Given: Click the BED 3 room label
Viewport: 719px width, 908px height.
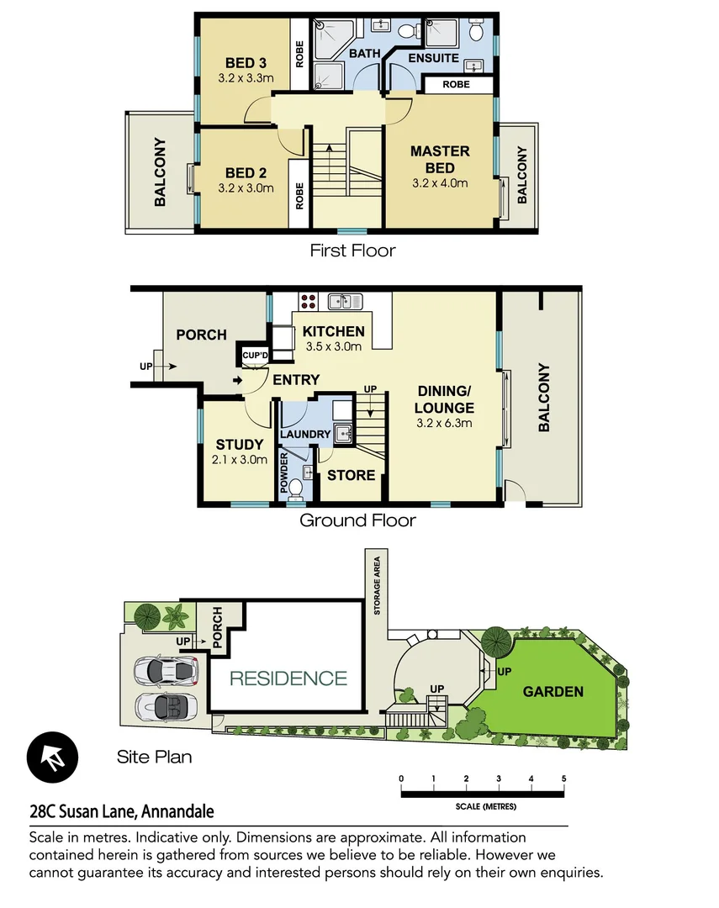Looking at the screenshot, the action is click(x=246, y=62).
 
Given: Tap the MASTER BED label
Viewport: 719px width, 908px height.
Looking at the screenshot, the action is click(x=440, y=159).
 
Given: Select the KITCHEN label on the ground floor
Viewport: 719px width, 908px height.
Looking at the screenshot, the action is click(x=334, y=331).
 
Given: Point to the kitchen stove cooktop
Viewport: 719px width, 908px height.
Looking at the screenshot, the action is click(x=308, y=301).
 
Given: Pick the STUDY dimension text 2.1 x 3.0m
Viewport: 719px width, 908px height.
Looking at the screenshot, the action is click(x=241, y=459).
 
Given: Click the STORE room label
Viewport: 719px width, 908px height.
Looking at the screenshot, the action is click(x=351, y=475).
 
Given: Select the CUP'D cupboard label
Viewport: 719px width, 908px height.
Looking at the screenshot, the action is click(x=254, y=356).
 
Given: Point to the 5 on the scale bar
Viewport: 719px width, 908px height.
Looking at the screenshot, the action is click(x=563, y=778).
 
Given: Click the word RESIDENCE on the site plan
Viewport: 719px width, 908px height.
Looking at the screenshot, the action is click(x=288, y=678).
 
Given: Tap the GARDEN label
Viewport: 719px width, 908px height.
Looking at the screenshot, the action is click(x=553, y=692).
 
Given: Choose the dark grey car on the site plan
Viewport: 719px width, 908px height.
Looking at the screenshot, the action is click(x=167, y=670).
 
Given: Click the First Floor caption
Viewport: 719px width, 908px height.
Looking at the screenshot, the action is click(x=352, y=251).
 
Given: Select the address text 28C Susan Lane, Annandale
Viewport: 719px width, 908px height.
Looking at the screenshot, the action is click(x=121, y=812).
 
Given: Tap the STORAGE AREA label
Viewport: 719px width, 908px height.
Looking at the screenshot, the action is click(x=378, y=586).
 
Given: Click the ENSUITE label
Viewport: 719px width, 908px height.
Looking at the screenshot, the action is click(x=433, y=58).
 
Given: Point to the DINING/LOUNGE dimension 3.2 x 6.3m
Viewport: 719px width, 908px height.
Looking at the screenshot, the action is click(x=444, y=423).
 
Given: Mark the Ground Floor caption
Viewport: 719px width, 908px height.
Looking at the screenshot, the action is click(x=357, y=520).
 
